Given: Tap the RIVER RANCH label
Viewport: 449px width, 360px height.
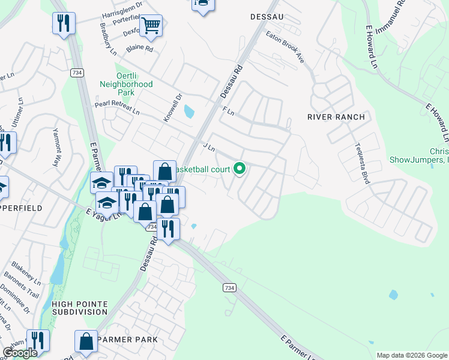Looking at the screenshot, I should click(x=336, y=117).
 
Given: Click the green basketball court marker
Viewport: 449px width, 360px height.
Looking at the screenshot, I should click(x=240, y=169).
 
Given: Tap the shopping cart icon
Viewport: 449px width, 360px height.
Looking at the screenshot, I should click(x=151, y=25).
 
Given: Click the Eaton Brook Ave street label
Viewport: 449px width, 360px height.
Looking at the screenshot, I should click(x=286, y=47).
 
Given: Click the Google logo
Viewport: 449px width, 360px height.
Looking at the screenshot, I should click(x=20, y=353).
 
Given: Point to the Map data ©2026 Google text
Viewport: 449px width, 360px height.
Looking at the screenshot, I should click(x=411, y=355).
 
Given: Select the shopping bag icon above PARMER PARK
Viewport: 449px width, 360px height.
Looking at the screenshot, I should click(x=86, y=341).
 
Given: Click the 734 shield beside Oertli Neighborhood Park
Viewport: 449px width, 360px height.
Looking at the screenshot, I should click(x=76, y=73).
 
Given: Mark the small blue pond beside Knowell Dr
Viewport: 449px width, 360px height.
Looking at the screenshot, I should click(x=189, y=111).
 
